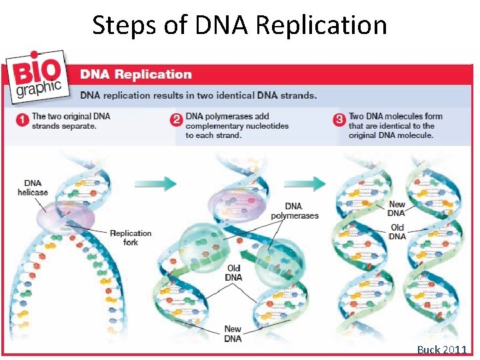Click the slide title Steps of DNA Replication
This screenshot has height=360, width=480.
(x=239, y=25)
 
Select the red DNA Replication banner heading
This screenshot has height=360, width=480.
(x=136, y=75)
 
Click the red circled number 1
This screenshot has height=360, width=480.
(x=21, y=121)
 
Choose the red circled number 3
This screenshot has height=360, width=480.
(x=339, y=121)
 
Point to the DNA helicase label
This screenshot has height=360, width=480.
(x=33, y=187)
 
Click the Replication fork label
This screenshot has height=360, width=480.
(x=131, y=237)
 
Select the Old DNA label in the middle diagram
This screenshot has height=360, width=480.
(x=233, y=273)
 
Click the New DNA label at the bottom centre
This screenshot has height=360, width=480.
(x=233, y=332)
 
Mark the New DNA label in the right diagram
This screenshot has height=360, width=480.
(x=397, y=209)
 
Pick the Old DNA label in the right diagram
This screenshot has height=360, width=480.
(x=397, y=232)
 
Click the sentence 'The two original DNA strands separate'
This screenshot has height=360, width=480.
(x=71, y=121)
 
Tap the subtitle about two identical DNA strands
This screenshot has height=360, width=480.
(x=199, y=95)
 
